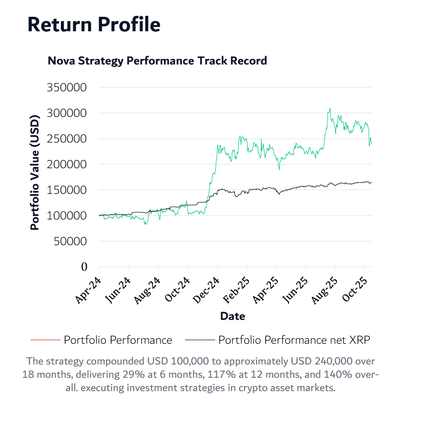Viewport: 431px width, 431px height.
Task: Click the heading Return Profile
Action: [x=94, y=24]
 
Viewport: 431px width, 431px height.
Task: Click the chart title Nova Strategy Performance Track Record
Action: [x=157, y=61]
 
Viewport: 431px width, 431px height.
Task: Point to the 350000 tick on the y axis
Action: [x=67, y=87]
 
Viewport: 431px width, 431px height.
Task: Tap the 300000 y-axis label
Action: [x=67, y=113]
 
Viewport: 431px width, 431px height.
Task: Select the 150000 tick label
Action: [x=67, y=190]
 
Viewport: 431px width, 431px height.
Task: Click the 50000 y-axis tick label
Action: [x=70, y=241]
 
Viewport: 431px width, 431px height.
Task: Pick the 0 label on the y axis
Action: [x=84, y=267]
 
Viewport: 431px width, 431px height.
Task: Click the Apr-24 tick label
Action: [x=88, y=290]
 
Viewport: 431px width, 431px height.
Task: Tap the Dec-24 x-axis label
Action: [x=207, y=290]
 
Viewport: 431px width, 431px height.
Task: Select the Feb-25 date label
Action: [x=236, y=290]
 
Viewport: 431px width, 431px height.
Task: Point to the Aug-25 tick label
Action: [x=325, y=290]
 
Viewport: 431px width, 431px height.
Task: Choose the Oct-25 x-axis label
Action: [x=355, y=290]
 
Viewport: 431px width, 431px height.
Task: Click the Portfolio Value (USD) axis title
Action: [x=35, y=172]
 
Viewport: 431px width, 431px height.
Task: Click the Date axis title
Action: [x=233, y=316]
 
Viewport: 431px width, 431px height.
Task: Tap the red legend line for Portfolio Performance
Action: [x=46, y=340]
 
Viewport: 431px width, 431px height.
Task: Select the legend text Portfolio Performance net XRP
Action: [x=294, y=340]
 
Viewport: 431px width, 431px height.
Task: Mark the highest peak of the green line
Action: [x=330, y=109]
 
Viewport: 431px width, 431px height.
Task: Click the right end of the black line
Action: [x=372, y=183]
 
